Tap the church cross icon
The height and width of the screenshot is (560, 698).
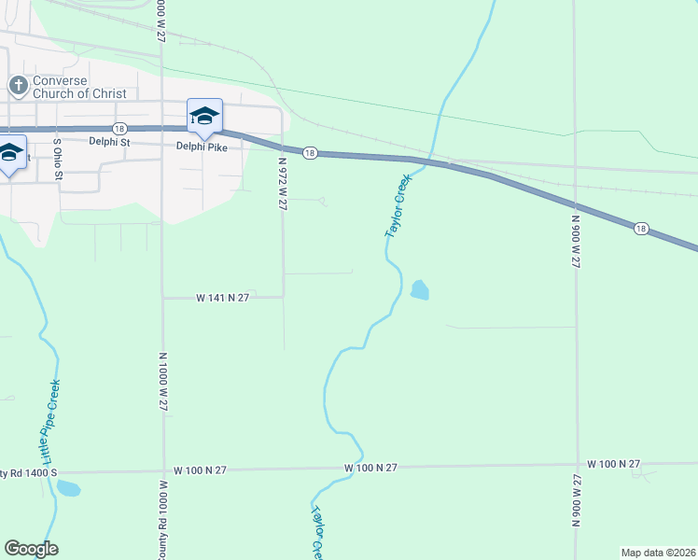tap(18, 86)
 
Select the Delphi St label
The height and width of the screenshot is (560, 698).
tap(109, 143)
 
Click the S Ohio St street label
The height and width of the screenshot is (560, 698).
tap(57, 160)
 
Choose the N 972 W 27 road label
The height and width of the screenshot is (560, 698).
tap(282, 183)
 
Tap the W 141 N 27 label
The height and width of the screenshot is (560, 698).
tap(224, 297)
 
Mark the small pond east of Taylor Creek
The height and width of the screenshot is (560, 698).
tap(420, 290)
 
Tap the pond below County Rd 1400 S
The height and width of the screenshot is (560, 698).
tap(67, 488)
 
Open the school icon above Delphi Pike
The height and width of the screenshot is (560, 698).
tap(204, 117)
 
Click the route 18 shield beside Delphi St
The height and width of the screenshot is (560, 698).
tap(119, 128)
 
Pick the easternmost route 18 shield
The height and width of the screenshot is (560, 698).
tap(640, 228)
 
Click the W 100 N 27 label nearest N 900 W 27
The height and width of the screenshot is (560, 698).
tap(613, 464)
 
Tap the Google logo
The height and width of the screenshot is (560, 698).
tap(31, 549)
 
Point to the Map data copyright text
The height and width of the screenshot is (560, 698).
tap(658, 553)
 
